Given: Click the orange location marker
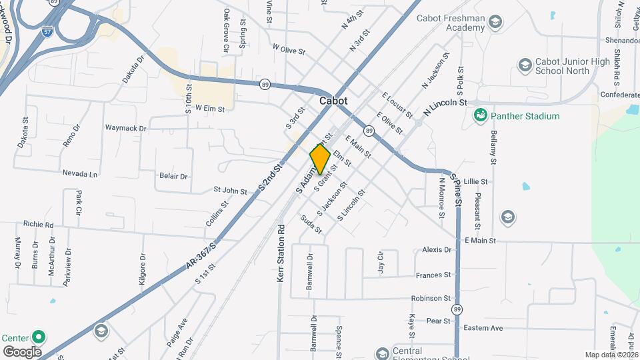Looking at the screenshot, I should point(320,159).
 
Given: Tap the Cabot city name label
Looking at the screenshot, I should point(333,101).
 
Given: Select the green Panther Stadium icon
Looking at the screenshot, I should point(479,116).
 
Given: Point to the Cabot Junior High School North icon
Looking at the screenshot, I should point(524,65).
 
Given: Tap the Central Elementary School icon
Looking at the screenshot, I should point(382,353).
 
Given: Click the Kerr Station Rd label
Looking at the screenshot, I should point(281,253).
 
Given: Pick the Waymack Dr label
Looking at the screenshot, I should point(125,127).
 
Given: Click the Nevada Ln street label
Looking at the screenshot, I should point(80,173).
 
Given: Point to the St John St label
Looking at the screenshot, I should point(230,191).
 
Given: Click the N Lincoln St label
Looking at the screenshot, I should point(444,103).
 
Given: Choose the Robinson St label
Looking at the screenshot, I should point(431,299).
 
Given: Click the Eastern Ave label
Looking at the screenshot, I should point(483,328).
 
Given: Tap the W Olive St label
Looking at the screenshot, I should point(289,50).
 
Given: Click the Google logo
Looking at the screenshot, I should point(22,351).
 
